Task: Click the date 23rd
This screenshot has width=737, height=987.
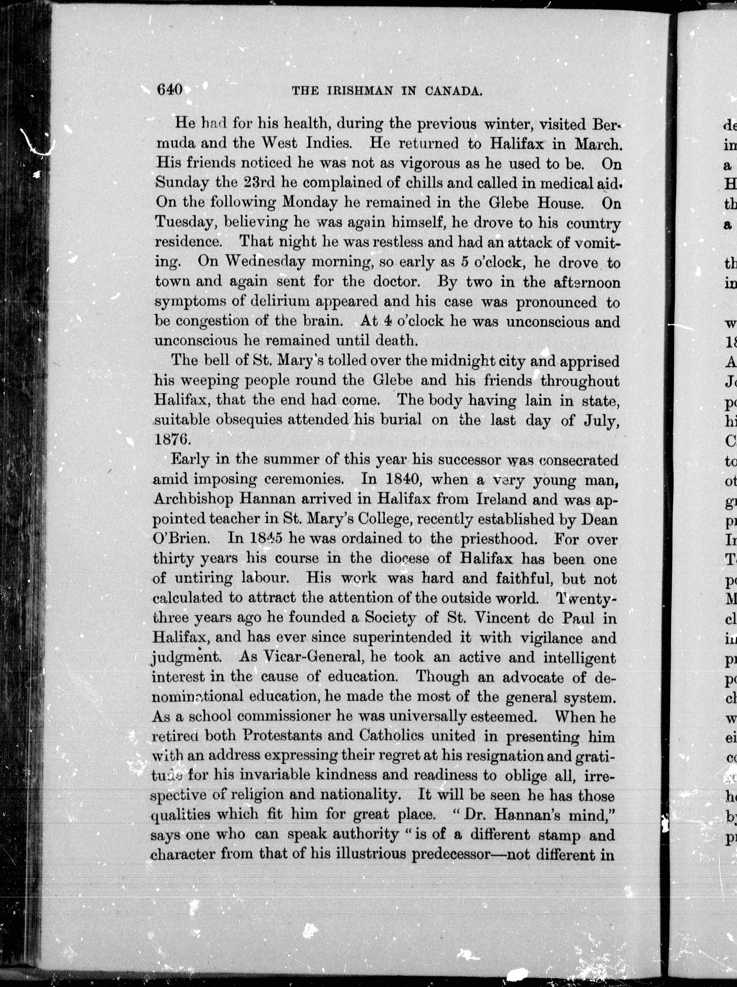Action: [x=258, y=183]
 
